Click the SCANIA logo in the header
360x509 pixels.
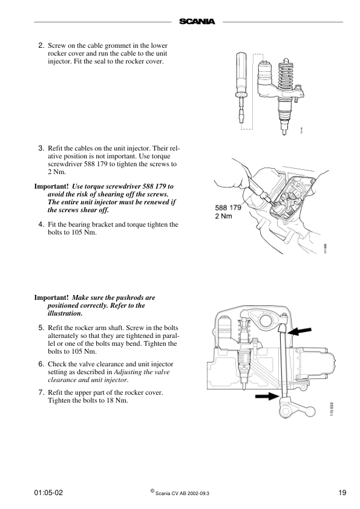pos(197,22)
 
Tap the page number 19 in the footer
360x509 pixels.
pos(342,493)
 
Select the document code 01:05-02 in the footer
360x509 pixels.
pos(48,493)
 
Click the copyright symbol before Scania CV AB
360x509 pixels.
pos(152,491)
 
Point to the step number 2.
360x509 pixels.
pos(41,45)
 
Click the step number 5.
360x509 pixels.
pos(41,328)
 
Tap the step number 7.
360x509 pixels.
pos(41,392)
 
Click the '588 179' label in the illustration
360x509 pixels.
pos(228,207)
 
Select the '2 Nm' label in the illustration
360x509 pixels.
pos(223,216)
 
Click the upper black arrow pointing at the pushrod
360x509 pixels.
pos(299,331)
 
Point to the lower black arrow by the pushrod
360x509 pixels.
pos(267,396)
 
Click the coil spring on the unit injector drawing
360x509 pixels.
pos(286,78)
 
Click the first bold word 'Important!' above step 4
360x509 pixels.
pos(51,186)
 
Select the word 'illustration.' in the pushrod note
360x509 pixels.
pos(65,313)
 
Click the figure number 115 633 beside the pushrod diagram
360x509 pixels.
pos(332,409)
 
